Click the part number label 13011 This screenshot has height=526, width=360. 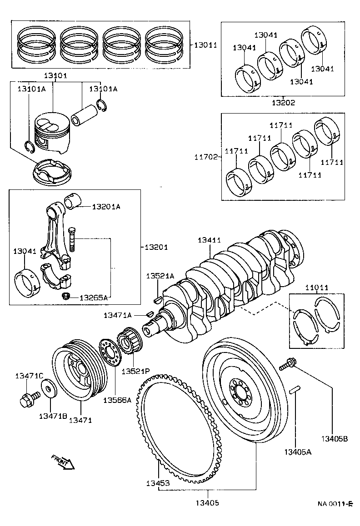(x=206, y=45)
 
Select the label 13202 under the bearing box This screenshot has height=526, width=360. (x=283, y=103)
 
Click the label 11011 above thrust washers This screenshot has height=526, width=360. (x=316, y=288)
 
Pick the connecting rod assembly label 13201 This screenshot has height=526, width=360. (x=156, y=247)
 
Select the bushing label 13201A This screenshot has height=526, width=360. (x=106, y=207)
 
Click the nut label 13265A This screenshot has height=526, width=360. (x=94, y=298)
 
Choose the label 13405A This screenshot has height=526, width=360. (x=298, y=452)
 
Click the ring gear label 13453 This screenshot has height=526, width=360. (x=158, y=483)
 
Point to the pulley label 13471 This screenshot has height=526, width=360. (x=80, y=420)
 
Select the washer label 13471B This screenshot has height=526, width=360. (x=53, y=416)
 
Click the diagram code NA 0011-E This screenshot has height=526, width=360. (x=335, y=504)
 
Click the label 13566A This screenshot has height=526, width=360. (x=117, y=400)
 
